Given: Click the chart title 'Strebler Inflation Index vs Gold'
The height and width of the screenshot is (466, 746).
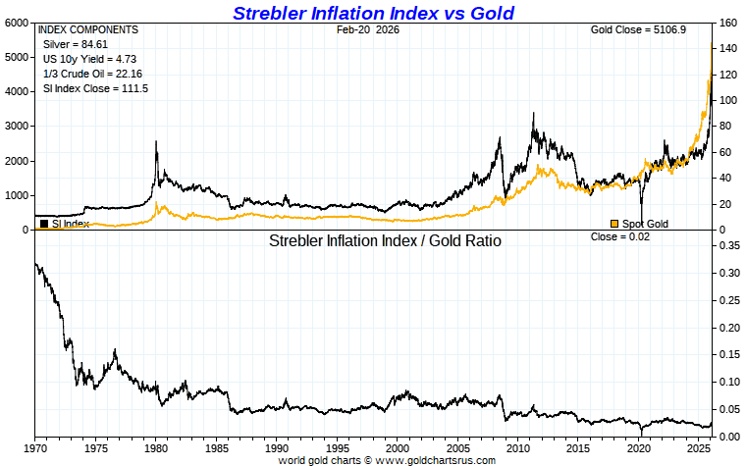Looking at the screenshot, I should point(372,13).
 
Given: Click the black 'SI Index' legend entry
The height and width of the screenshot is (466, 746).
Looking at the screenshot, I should point(66,224).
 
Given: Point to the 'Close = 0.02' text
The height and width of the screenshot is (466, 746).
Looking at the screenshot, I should point(619,237).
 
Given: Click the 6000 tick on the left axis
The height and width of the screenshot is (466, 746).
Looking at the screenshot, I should point(17,23).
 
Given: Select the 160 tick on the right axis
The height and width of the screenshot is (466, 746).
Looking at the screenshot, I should point(727,23).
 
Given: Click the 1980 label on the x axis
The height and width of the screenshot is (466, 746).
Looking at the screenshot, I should point(156,447).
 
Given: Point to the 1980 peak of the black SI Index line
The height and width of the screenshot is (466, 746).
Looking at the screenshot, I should point(156,142).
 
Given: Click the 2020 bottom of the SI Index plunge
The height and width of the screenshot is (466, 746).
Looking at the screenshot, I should point(641,224).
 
